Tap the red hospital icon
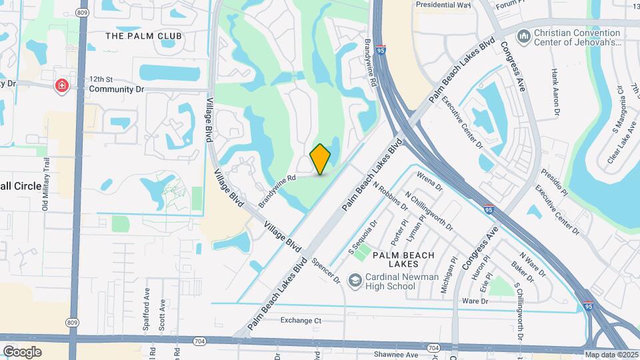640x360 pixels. pos(62,85)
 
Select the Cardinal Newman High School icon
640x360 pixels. pos(355,280)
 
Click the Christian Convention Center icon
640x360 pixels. pos(523,35)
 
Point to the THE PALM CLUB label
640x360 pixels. pos(143,35)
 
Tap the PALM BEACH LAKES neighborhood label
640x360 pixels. pos(403,260)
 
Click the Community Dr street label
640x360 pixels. pos(116,88)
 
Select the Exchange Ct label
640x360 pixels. pos(301,321)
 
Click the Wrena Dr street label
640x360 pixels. pos(429,181)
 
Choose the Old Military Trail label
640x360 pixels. pos(47,189)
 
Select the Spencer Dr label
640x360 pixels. pos(326,269)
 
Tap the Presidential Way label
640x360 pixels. pos(443,4)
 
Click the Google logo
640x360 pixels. pos(22,351)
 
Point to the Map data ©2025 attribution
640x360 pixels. pos(611,355)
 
